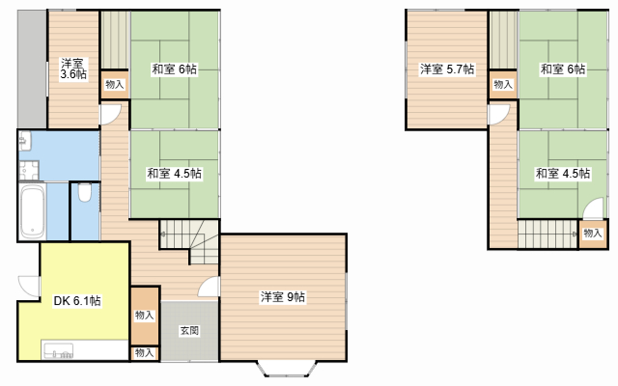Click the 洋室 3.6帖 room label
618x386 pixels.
(73, 69)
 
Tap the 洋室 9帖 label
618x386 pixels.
(283, 297)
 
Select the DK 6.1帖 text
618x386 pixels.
(77, 301)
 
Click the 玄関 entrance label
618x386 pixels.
(189, 330)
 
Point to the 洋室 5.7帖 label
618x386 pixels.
(447, 69)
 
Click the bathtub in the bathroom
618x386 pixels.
(32, 211)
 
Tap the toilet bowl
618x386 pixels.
(85, 193)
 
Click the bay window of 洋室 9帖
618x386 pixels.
(287, 369)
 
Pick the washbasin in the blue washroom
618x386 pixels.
(25, 141)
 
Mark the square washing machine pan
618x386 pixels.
(29, 171)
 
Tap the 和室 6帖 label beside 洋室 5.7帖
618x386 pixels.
(563, 69)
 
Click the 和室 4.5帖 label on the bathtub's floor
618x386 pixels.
(174, 174)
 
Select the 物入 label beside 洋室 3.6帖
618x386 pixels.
(115, 84)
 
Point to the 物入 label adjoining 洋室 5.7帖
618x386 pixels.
(503, 84)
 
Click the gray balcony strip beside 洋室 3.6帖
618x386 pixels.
(32, 69)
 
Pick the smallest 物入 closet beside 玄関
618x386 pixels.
(145, 353)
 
